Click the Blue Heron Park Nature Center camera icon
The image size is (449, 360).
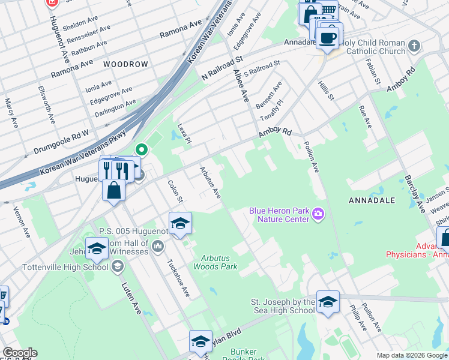[x=318, y=214]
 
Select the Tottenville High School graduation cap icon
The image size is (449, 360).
[x=118, y=266]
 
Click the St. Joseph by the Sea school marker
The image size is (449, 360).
[x=328, y=303]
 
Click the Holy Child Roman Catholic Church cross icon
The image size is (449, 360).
[x=414, y=46]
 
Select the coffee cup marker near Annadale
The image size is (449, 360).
[x=327, y=38]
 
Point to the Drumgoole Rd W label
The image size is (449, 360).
[x=62, y=139]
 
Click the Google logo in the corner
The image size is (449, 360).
[x=20, y=353]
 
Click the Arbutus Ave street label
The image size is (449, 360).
[x=211, y=183]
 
